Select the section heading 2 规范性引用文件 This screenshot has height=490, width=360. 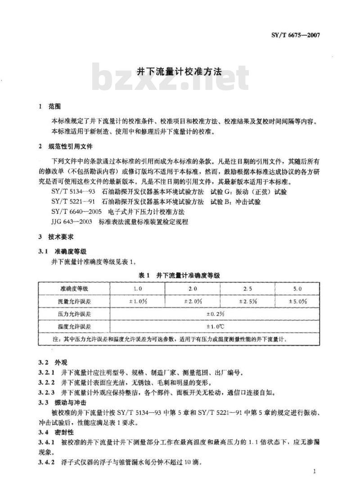65,147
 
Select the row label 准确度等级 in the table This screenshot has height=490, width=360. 75,288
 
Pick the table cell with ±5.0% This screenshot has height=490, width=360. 298,301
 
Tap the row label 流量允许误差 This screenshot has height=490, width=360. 75,301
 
